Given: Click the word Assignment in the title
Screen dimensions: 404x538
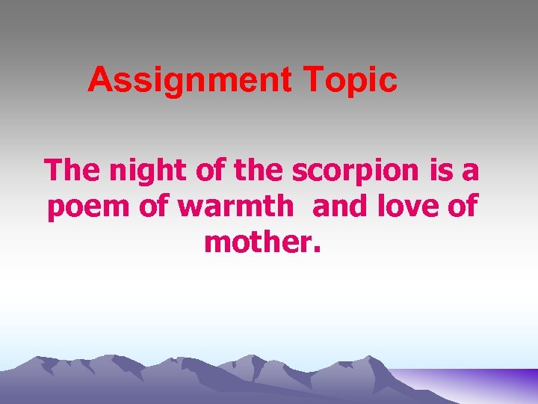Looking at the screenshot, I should pyautogui.click(x=189, y=80).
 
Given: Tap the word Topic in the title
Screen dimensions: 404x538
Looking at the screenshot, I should pyautogui.click(x=348, y=81).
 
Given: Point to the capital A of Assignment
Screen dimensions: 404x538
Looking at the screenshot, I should pyautogui.click(x=99, y=80).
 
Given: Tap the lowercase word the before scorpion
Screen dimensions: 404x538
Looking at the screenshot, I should pyautogui.click(x=259, y=171).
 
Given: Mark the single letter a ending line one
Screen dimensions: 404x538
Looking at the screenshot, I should pyautogui.click(x=470, y=172).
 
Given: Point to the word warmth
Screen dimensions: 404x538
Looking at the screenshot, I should pyautogui.click(x=236, y=206).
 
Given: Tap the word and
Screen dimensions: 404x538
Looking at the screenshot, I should pyautogui.click(x=341, y=206).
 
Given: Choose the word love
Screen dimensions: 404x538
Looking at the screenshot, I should pyautogui.click(x=409, y=206).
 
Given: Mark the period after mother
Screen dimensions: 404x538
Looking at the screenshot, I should pyautogui.click(x=318, y=250).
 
